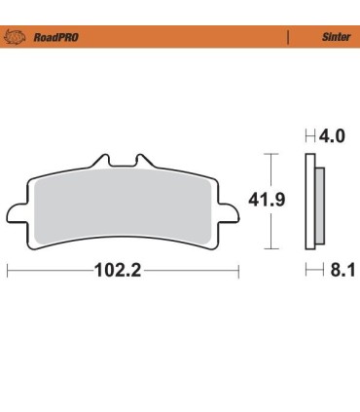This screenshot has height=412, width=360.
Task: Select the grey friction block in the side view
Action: click(x=318, y=205)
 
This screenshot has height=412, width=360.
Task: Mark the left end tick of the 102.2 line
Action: click(x=8, y=271)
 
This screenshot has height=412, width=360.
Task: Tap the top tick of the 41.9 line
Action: click(x=271, y=154)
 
